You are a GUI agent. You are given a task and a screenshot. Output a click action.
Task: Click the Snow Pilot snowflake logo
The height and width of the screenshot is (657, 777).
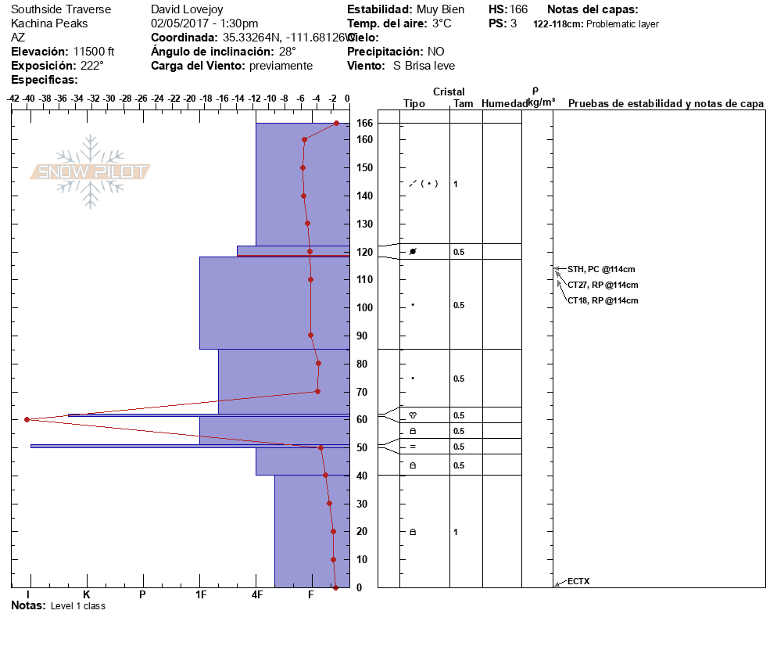[x=91, y=171]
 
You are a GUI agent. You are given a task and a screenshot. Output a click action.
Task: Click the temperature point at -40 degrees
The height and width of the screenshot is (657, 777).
[x=27, y=419]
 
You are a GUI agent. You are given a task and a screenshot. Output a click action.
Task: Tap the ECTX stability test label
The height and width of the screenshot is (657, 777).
[x=578, y=581]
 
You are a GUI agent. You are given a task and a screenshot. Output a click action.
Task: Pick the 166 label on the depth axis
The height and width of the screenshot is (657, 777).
[x=364, y=123]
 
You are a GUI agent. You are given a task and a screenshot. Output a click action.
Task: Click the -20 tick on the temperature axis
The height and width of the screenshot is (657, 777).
[x=189, y=99]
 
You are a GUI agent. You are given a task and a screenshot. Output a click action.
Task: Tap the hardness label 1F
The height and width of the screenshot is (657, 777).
[x=200, y=595]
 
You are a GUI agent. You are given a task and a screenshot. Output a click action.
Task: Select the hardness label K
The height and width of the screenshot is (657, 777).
[x=87, y=595]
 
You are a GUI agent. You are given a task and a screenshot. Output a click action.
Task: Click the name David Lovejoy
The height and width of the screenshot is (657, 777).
[x=187, y=9]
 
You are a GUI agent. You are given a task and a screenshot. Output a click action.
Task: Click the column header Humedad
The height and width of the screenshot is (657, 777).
[x=501, y=103]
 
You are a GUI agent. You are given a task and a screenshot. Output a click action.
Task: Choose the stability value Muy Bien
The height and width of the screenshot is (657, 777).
[x=440, y=9]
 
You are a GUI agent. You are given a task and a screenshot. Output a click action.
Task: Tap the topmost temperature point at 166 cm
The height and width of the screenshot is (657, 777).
[x=336, y=123]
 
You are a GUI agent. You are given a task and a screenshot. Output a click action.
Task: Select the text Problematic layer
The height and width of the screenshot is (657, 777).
[x=622, y=24]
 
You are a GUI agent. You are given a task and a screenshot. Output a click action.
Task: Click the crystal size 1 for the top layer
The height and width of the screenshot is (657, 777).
[x=456, y=184]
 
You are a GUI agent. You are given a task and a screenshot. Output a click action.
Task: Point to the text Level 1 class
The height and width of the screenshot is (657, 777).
[x=77, y=606]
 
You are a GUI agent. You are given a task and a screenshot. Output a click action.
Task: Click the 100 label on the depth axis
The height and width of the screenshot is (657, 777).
[x=364, y=307]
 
